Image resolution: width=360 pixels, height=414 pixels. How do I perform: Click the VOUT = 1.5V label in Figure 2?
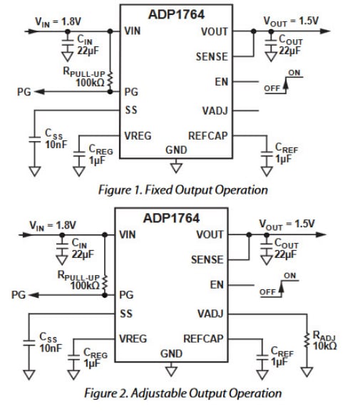point(287,224)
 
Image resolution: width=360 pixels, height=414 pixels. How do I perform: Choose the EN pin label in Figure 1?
point(220,83)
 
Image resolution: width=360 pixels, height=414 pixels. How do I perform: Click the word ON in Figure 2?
point(290,276)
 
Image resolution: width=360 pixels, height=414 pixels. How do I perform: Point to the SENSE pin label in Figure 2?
point(207,260)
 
